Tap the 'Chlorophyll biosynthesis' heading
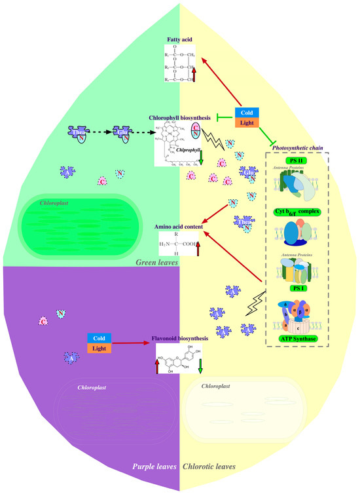pyautogui.click(x=181, y=118)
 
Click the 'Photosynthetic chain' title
pyautogui.click(x=301, y=149)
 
